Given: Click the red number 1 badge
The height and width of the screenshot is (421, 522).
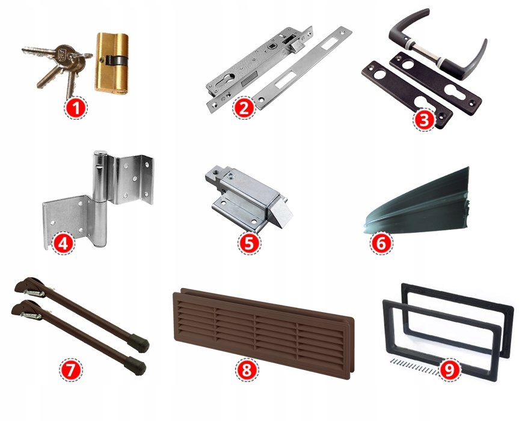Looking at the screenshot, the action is pyautogui.click(x=76, y=108).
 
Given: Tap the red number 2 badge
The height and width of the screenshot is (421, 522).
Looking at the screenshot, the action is pyautogui.click(x=244, y=108).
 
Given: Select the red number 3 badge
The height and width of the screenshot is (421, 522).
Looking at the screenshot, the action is pyautogui.click(x=425, y=120).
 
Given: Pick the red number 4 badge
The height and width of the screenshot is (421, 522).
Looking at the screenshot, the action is pyautogui.click(x=63, y=243).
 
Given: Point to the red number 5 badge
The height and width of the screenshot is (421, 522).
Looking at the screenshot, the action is pyautogui.click(x=249, y=244).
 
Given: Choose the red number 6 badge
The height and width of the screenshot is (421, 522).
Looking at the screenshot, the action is pyautogui.click(x=381, y=244).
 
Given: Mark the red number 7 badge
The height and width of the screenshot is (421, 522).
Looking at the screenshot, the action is pyautogui.click(x=70, y=370).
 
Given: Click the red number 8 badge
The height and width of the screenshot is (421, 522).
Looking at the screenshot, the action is pyautogui.click(x=247, y=370).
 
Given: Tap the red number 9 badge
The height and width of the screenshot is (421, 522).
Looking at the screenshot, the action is pyautogui.click(x=449, y=370).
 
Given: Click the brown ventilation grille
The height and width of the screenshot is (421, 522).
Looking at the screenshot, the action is pyautogui.click(x=263, y=333).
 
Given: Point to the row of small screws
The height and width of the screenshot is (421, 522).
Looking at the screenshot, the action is pyautogui.click(x=413, y=367).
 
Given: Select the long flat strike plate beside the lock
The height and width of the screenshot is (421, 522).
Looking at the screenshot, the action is pyautogui.click(x=302, y=68).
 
